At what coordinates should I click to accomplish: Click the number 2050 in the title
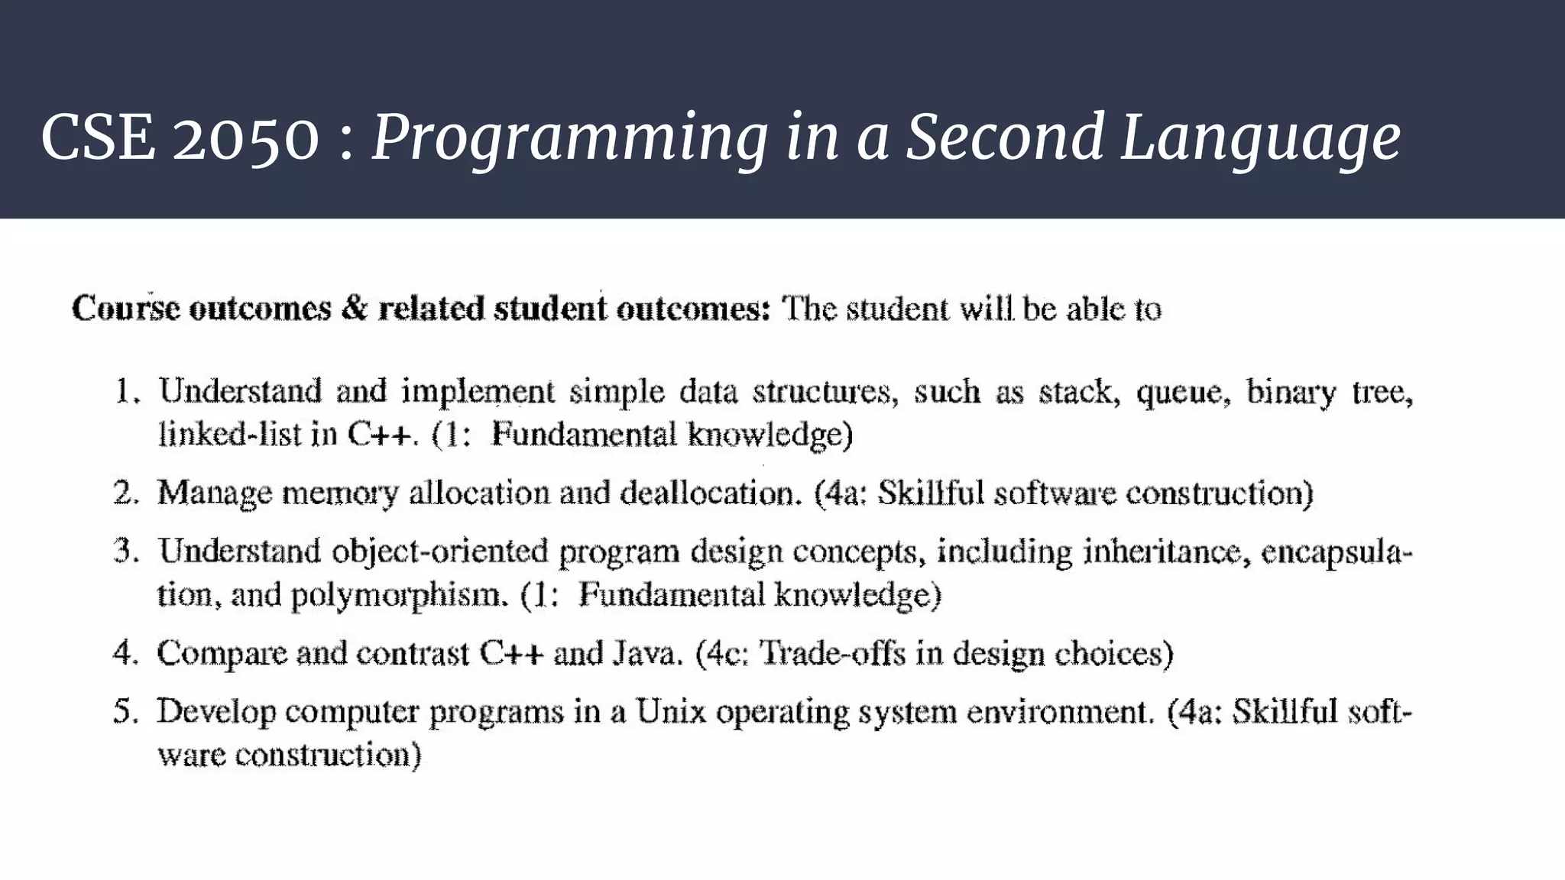245,137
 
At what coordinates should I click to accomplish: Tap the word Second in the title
1004,137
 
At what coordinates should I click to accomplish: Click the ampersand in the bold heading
355,309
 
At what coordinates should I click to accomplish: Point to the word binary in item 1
1291,393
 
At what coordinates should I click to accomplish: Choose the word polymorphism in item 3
400,595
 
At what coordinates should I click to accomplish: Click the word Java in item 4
647,653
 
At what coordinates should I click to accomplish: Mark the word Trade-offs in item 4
835,653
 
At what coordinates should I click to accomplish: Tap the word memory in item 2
340,493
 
